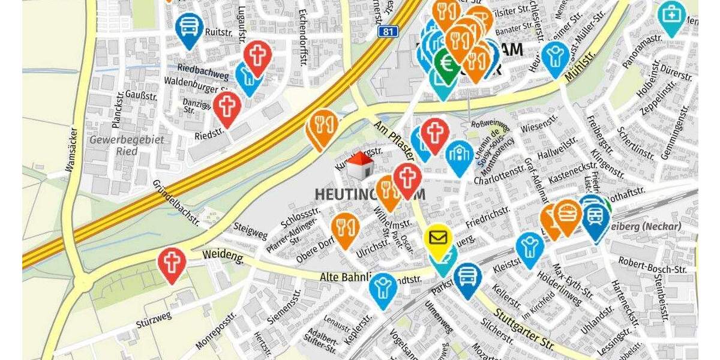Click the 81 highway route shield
[x=388, y=31]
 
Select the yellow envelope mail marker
[x=439, y=238]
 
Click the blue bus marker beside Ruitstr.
[x=189, y=27]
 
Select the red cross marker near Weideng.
[x=172, y=263]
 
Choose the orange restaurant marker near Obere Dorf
[x=345, y=227]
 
